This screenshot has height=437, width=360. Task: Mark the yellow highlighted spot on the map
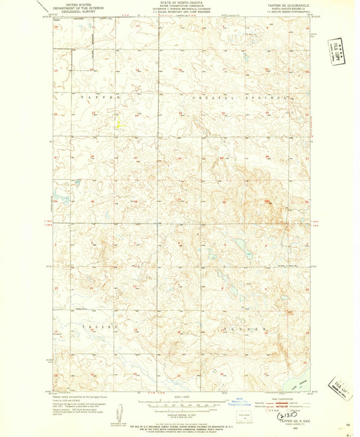(x=120, y=125)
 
